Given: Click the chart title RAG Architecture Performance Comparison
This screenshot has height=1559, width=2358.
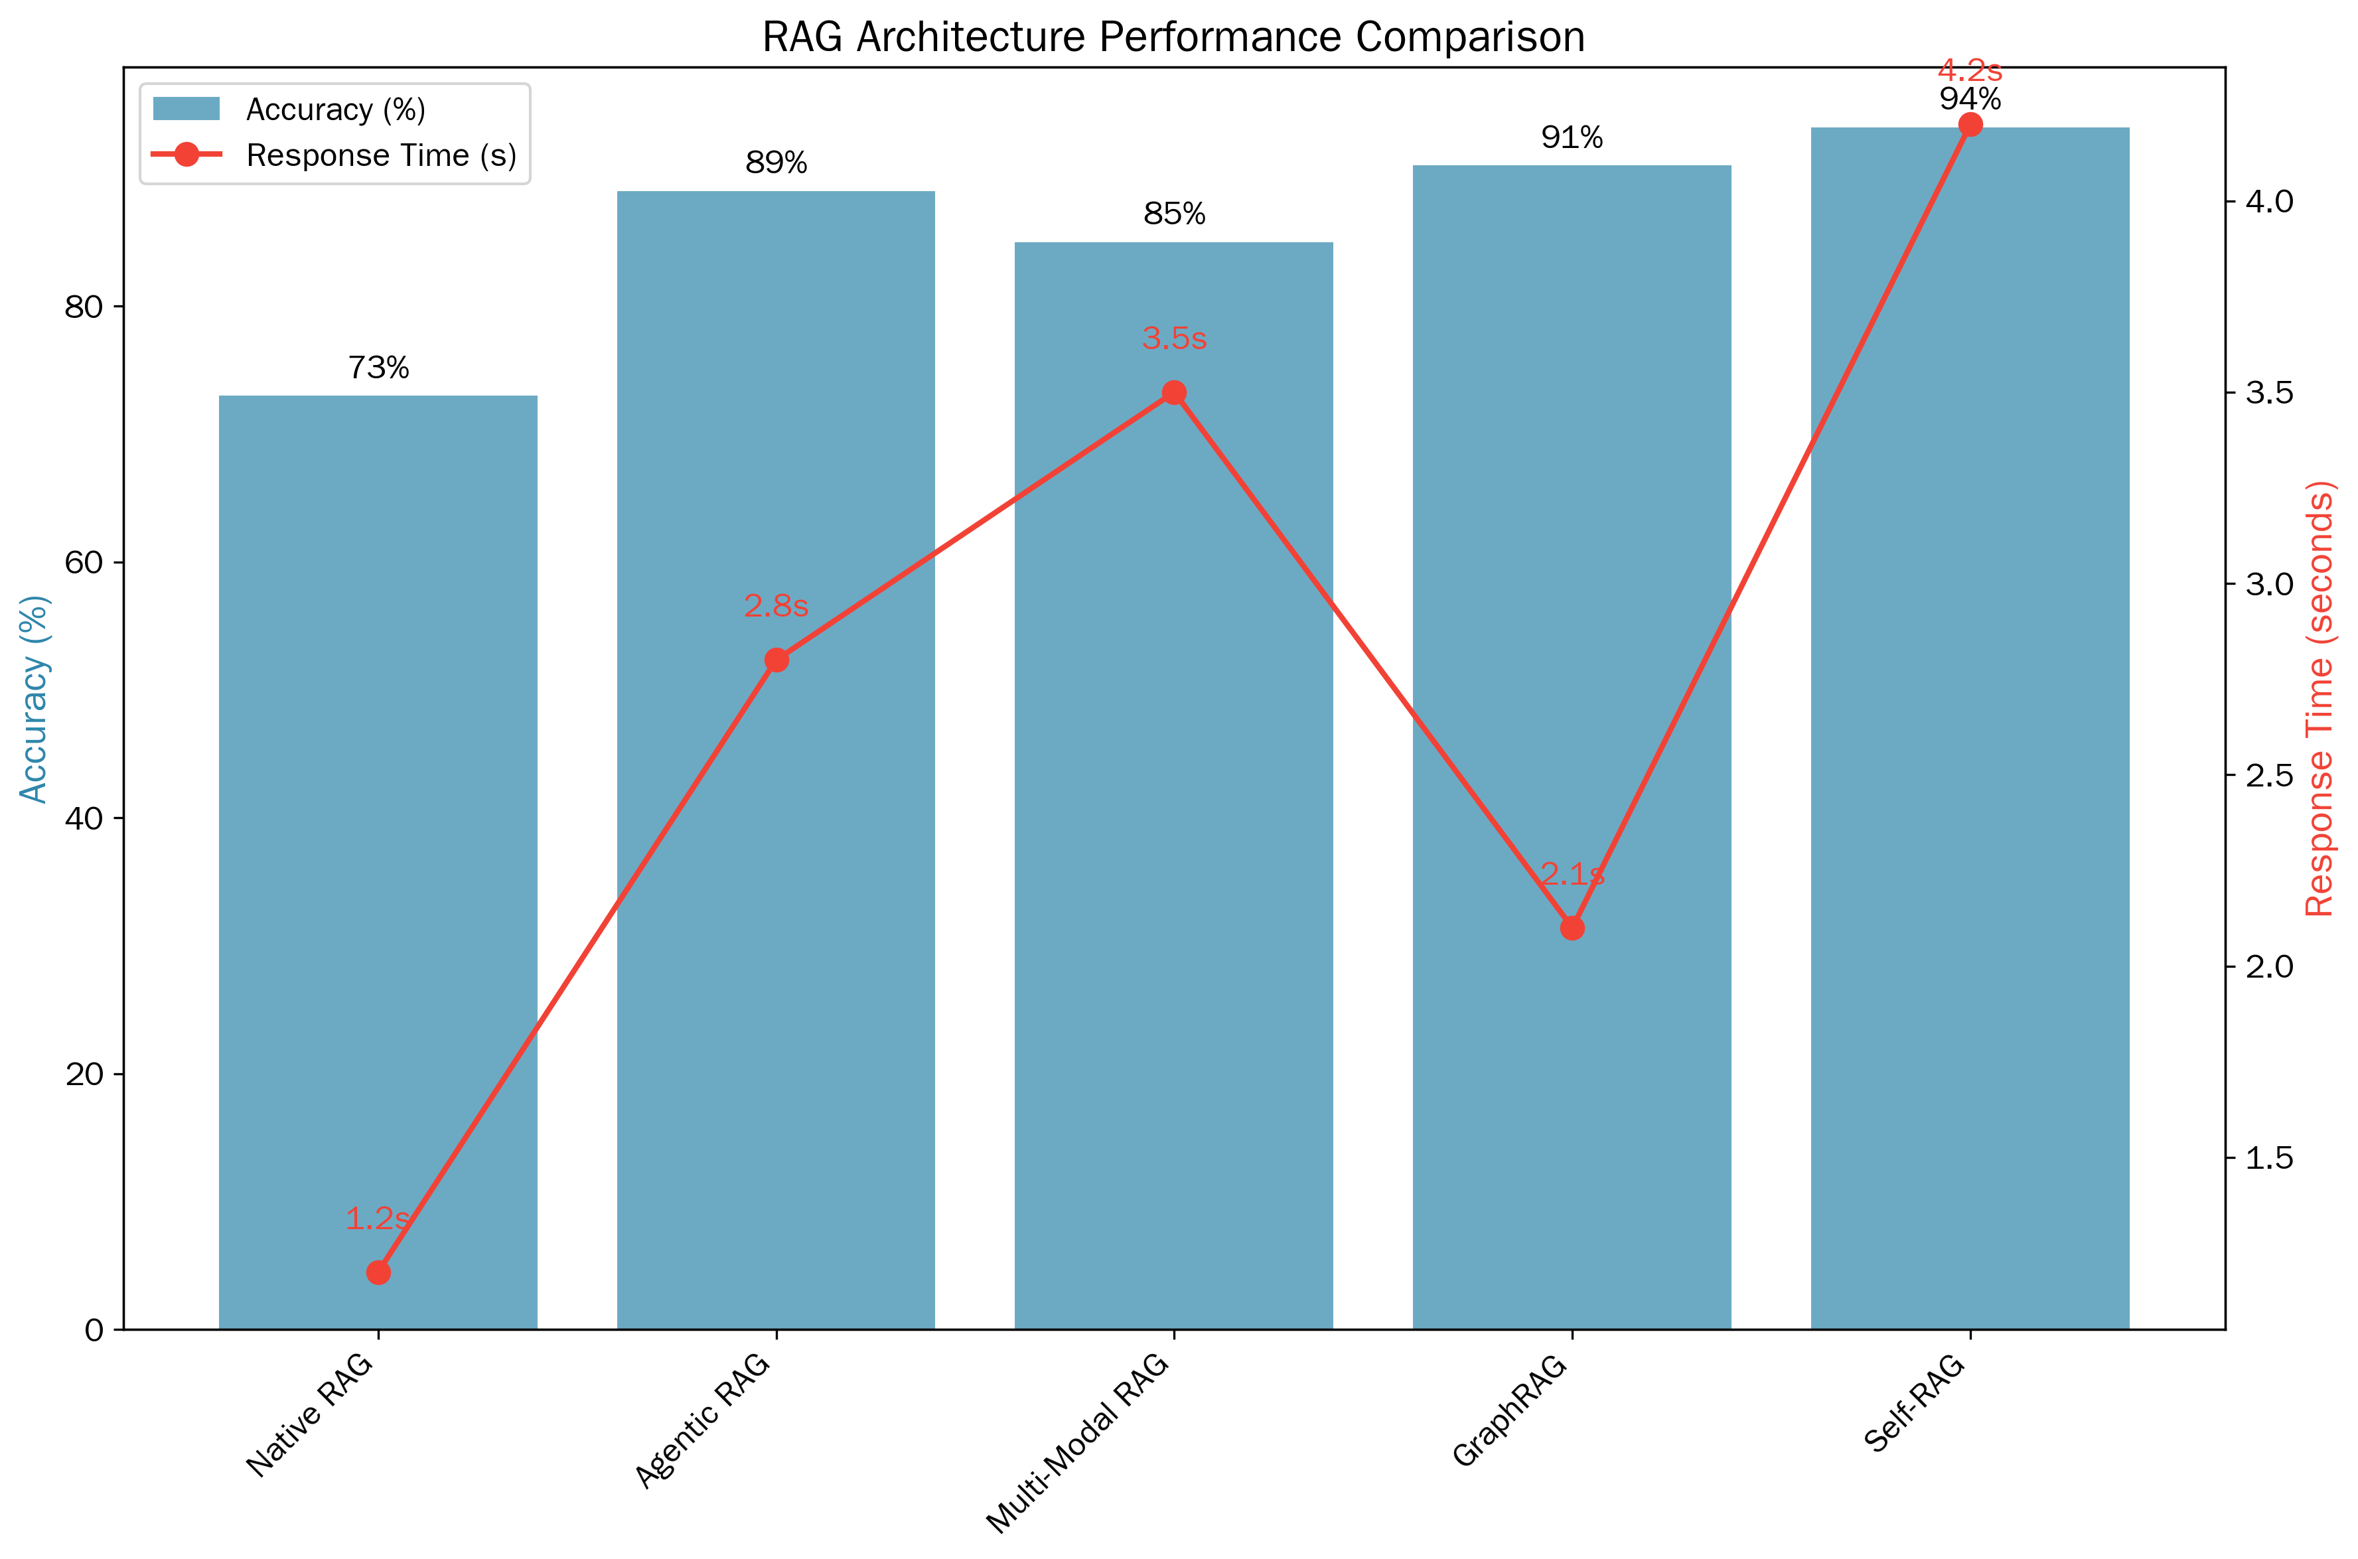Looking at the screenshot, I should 1173,38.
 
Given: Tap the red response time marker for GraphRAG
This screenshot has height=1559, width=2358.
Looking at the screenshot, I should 1572,928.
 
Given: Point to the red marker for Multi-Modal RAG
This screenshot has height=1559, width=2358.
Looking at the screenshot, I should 1174,393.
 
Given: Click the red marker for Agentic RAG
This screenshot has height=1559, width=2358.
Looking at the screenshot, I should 776,660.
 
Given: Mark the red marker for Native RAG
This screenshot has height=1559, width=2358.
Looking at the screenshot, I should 378,1273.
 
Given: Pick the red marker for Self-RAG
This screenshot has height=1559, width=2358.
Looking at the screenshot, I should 1969,124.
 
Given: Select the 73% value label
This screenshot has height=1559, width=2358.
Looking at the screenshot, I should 378,368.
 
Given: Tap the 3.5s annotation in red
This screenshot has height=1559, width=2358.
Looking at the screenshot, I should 1174,339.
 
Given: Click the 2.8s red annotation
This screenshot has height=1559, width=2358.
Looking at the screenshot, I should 776,605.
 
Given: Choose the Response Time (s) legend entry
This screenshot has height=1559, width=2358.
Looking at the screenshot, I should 381,155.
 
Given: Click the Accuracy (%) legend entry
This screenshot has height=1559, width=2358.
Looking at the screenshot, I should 335,110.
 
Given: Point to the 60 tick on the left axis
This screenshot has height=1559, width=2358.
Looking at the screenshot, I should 84,563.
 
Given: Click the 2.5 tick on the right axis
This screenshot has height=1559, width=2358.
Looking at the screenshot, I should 2270,775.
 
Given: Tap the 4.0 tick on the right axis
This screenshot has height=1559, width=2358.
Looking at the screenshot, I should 2270,201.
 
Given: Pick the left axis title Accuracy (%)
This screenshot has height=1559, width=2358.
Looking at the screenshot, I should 34,698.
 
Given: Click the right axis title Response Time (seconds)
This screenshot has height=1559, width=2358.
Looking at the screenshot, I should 2320,698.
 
